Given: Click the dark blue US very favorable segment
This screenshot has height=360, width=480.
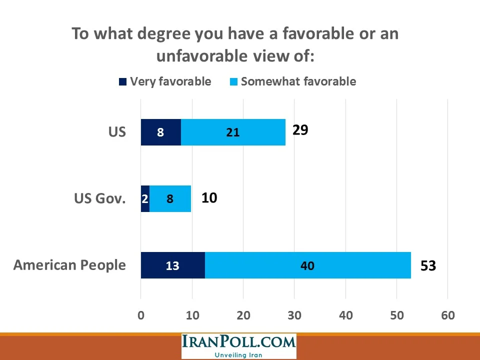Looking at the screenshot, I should pyautogui.click(x=160, y=132).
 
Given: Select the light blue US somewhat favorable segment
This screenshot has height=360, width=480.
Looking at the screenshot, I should pyautogui.click(x=233, y=132).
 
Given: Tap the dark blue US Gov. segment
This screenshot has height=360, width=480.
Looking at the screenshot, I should pyautogui.click(x=145, y=198).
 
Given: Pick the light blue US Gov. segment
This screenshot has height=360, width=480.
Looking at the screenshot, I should pyautogui.click(x=170, y=198).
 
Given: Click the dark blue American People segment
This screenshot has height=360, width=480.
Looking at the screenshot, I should pyautogui.click(x=172, y=265).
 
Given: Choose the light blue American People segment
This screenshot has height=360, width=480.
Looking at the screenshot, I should pyautogui.click(x=307, y=265).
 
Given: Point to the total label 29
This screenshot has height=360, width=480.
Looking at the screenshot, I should pyautogui.click(x=300, y=130).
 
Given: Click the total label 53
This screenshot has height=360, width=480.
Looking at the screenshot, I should pyautogui.click(x=428, y=265).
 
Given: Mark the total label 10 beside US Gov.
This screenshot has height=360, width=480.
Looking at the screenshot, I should pyautogui.click(x=209, y=198).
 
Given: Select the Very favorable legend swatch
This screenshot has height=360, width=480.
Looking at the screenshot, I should pyautogui.click(x=123, y=82).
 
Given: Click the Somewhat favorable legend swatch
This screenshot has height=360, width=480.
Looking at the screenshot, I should pyautogui.click(x=233, y=82).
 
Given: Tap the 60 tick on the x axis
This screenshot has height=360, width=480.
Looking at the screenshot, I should pyautogui.click(x=448, y=315).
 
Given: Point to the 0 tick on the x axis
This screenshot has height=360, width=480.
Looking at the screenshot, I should pyautogui.click(x=141, y=315).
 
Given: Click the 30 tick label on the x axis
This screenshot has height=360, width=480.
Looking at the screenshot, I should pyautogui.click(x=294, y=315).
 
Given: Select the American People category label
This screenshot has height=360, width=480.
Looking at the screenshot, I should pyautogui.click(x=69, y=264).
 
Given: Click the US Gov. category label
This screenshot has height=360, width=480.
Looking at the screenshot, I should pyautogui.click(x=99, y=198).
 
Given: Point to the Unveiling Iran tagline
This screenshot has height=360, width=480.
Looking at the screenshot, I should pyautogui.click(x=238, y=355).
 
